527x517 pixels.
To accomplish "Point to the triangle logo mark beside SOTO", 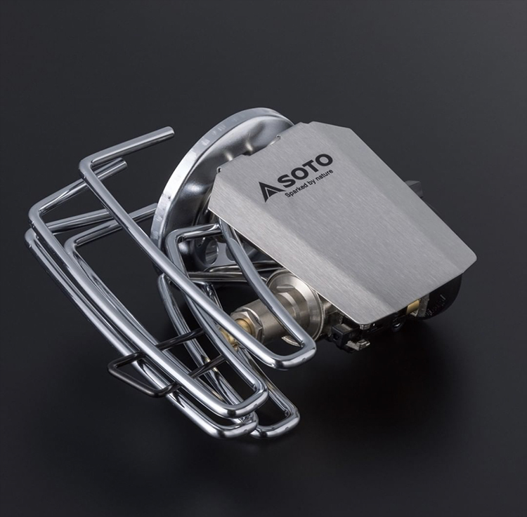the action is [268, 192].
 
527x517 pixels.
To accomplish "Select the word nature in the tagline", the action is [325, 176].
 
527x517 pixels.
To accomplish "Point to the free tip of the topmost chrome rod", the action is [170, 131].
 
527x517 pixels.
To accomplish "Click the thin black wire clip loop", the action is [141, 376].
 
